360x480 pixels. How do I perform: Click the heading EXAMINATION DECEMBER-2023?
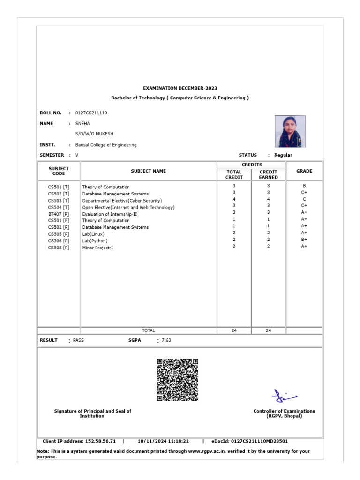click(x=180, y=88)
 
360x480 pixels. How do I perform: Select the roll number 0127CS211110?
click(x=91, y=113)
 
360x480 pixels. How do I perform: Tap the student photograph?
click(x=290, y=131)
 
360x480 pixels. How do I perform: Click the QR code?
click(x=177, y=380)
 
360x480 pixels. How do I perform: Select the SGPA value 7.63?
click(x=166, y=340)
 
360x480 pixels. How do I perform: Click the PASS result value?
click(x=79, y=340)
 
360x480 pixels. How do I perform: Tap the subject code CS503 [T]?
click(x=59, y=200)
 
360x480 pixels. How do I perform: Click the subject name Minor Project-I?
click(x=97, y=247)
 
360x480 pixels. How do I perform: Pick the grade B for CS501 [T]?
click(x=304, y=186)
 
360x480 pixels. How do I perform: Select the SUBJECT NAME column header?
click(x=148, y=171)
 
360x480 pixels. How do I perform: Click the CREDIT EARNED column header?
click(x=268, y=175)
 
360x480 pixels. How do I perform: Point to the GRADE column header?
click(x=304, y=171)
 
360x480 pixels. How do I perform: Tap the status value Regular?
click(x=283, y=155)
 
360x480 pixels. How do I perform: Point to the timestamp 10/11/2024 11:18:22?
click(x=163, y=441)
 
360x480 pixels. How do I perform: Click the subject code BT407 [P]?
click(x=59, y=214)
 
